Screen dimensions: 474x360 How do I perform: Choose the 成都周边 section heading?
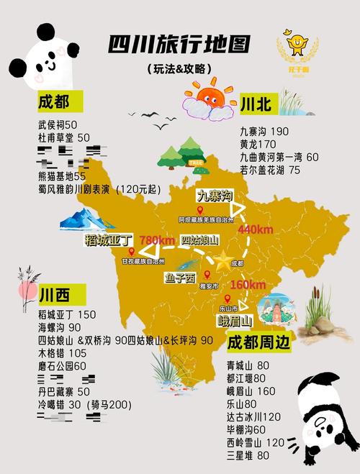[258, 342]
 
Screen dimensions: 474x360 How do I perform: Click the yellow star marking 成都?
[224, 260]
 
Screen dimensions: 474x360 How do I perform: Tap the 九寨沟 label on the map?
[215, 196]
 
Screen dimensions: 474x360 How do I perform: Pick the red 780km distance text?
[157, 240]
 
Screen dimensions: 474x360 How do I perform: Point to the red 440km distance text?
[256, 229]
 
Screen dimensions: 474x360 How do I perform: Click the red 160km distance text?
[248, 285]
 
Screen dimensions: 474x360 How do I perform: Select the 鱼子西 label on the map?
[180, 276]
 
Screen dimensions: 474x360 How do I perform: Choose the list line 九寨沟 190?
[264, 132]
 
